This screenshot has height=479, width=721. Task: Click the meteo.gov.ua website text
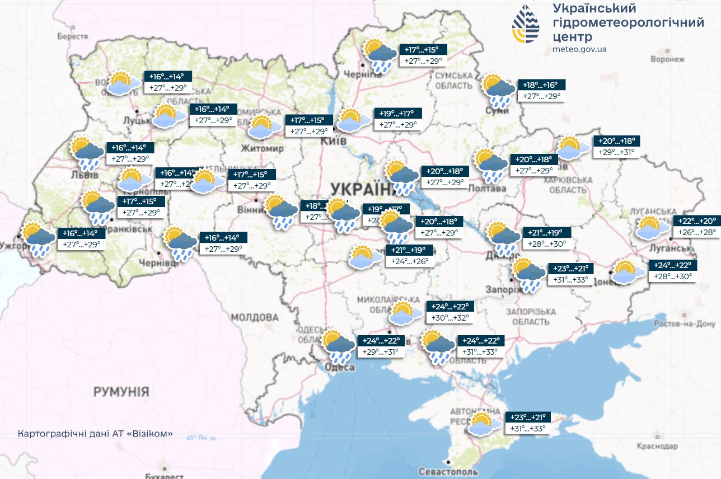[579, 49]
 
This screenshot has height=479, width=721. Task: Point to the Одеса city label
[340, 367]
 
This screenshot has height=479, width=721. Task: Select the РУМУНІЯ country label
[121, 391]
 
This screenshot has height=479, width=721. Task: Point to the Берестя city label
[73, 36]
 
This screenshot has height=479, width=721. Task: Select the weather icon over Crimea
[484, 424]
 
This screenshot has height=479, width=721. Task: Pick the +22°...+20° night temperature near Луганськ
[697, 220]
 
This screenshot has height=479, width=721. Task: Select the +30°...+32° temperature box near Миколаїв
[451, 318]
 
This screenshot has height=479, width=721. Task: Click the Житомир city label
[263, 149]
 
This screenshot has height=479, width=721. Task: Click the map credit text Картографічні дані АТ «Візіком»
[95, 434]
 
